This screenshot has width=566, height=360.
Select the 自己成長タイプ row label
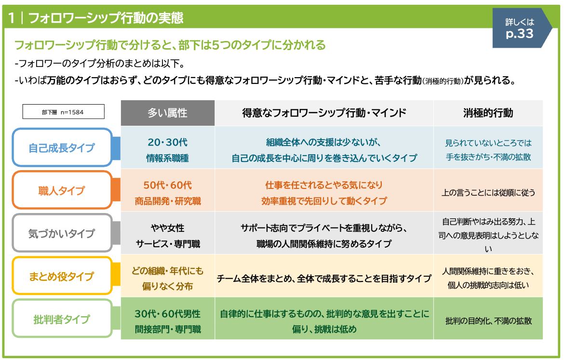click(x=62, y=147)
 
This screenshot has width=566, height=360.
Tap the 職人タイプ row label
click(x=62, y=190)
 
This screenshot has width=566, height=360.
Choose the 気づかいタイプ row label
click(x=62, y=233)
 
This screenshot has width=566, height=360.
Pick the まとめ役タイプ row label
click(x=62, y=276)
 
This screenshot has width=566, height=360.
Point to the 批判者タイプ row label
click(x=62, y=319)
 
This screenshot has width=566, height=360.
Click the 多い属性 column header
click(x=167, y=113)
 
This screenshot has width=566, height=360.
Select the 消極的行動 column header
click(x=488, y=113)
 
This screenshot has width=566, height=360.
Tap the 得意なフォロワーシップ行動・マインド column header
click(x=324, y=113)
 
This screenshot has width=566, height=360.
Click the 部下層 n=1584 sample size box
click(x=63, y=112)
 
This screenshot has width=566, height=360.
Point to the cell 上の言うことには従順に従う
click(x=488, y=192)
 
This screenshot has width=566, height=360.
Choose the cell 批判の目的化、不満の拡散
click(x=488, y=320)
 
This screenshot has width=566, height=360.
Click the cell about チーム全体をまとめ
click(x=324, y=278)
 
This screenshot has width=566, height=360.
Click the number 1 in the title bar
click(x=12, y=18)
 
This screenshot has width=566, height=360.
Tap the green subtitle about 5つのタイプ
click(x=170, y=45)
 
